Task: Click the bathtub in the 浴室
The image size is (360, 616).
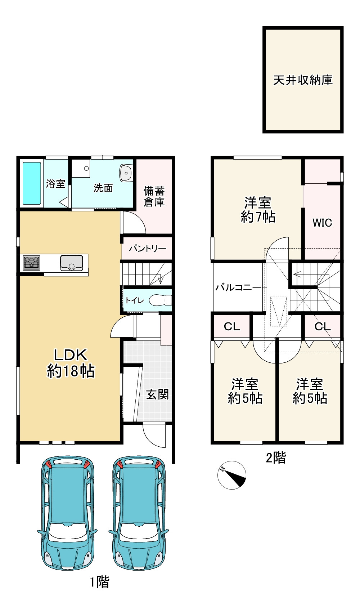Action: click(x=32, y=183)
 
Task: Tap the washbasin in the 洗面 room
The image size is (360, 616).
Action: click(x=126, y=173)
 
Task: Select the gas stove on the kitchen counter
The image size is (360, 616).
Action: click(x=31, y=263)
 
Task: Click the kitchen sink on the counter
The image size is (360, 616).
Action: click(x=71, y=263)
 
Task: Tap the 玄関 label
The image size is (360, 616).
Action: click(x=157, y=394)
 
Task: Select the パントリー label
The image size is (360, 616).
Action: click(x=148, y=249)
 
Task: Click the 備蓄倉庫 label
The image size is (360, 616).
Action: click(x=154, y=196)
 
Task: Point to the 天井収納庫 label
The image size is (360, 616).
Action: click(x=303, y=80)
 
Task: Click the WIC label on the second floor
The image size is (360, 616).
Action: click(x=322, y=223)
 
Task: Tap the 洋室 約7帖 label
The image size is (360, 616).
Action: click(x=258, y=210)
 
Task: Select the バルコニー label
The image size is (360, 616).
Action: click(x=238, y=288)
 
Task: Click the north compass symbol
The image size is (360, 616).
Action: click(x=232, y=475)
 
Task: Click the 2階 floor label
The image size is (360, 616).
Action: click(x=276, y=458)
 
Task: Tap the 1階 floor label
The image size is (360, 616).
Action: click(x=100, y=582)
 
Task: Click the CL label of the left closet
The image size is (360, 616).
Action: click(x=232, y=327)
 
